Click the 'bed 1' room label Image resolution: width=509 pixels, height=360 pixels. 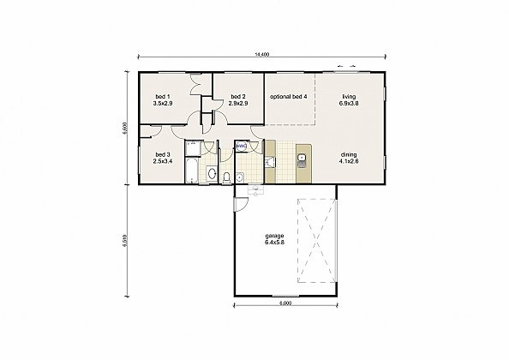(163, 96)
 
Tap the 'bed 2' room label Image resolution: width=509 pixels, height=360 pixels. (237, 96)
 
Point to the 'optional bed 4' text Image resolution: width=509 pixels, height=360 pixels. (288, 96)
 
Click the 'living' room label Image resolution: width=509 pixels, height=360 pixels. (349, 96)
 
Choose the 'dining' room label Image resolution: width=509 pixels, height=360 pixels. (349, 154)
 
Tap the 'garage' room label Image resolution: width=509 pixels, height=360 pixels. (274, 235)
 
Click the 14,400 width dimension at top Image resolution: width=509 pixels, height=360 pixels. (262, 55)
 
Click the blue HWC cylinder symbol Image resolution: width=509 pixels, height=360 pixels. (243, 147)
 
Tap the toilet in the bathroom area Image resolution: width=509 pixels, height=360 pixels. (225, 177)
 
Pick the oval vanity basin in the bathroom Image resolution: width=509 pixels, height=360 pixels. (210, 174)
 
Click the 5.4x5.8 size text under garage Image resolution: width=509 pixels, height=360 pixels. (274, 243)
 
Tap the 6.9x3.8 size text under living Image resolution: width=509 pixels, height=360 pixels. (349, 104)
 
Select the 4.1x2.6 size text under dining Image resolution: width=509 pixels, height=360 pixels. (349, 162)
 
